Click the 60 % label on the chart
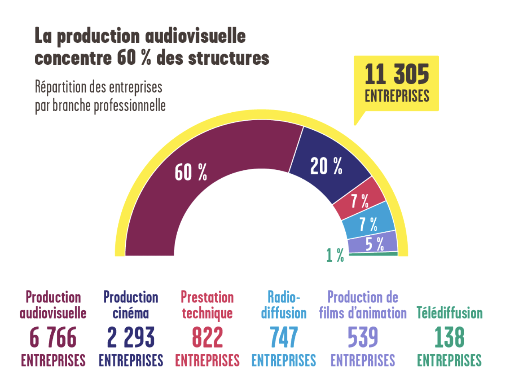pos(191,173)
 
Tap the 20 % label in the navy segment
pos(326,166)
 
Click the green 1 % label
pos(335,255)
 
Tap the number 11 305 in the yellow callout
pos(396,75)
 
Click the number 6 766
pos(53,338)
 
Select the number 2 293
pos(131,338)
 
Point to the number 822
pos(207,338)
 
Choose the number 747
pos(283,338)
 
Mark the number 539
pos(363,338)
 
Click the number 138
pos(449,338)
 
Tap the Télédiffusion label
pos(449,313)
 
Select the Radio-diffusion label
pos(283,305)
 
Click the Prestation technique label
pos(207,305)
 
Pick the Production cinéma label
pos(131,305)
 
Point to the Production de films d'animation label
pos(363,305)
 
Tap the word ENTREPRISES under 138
pos(449,360)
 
